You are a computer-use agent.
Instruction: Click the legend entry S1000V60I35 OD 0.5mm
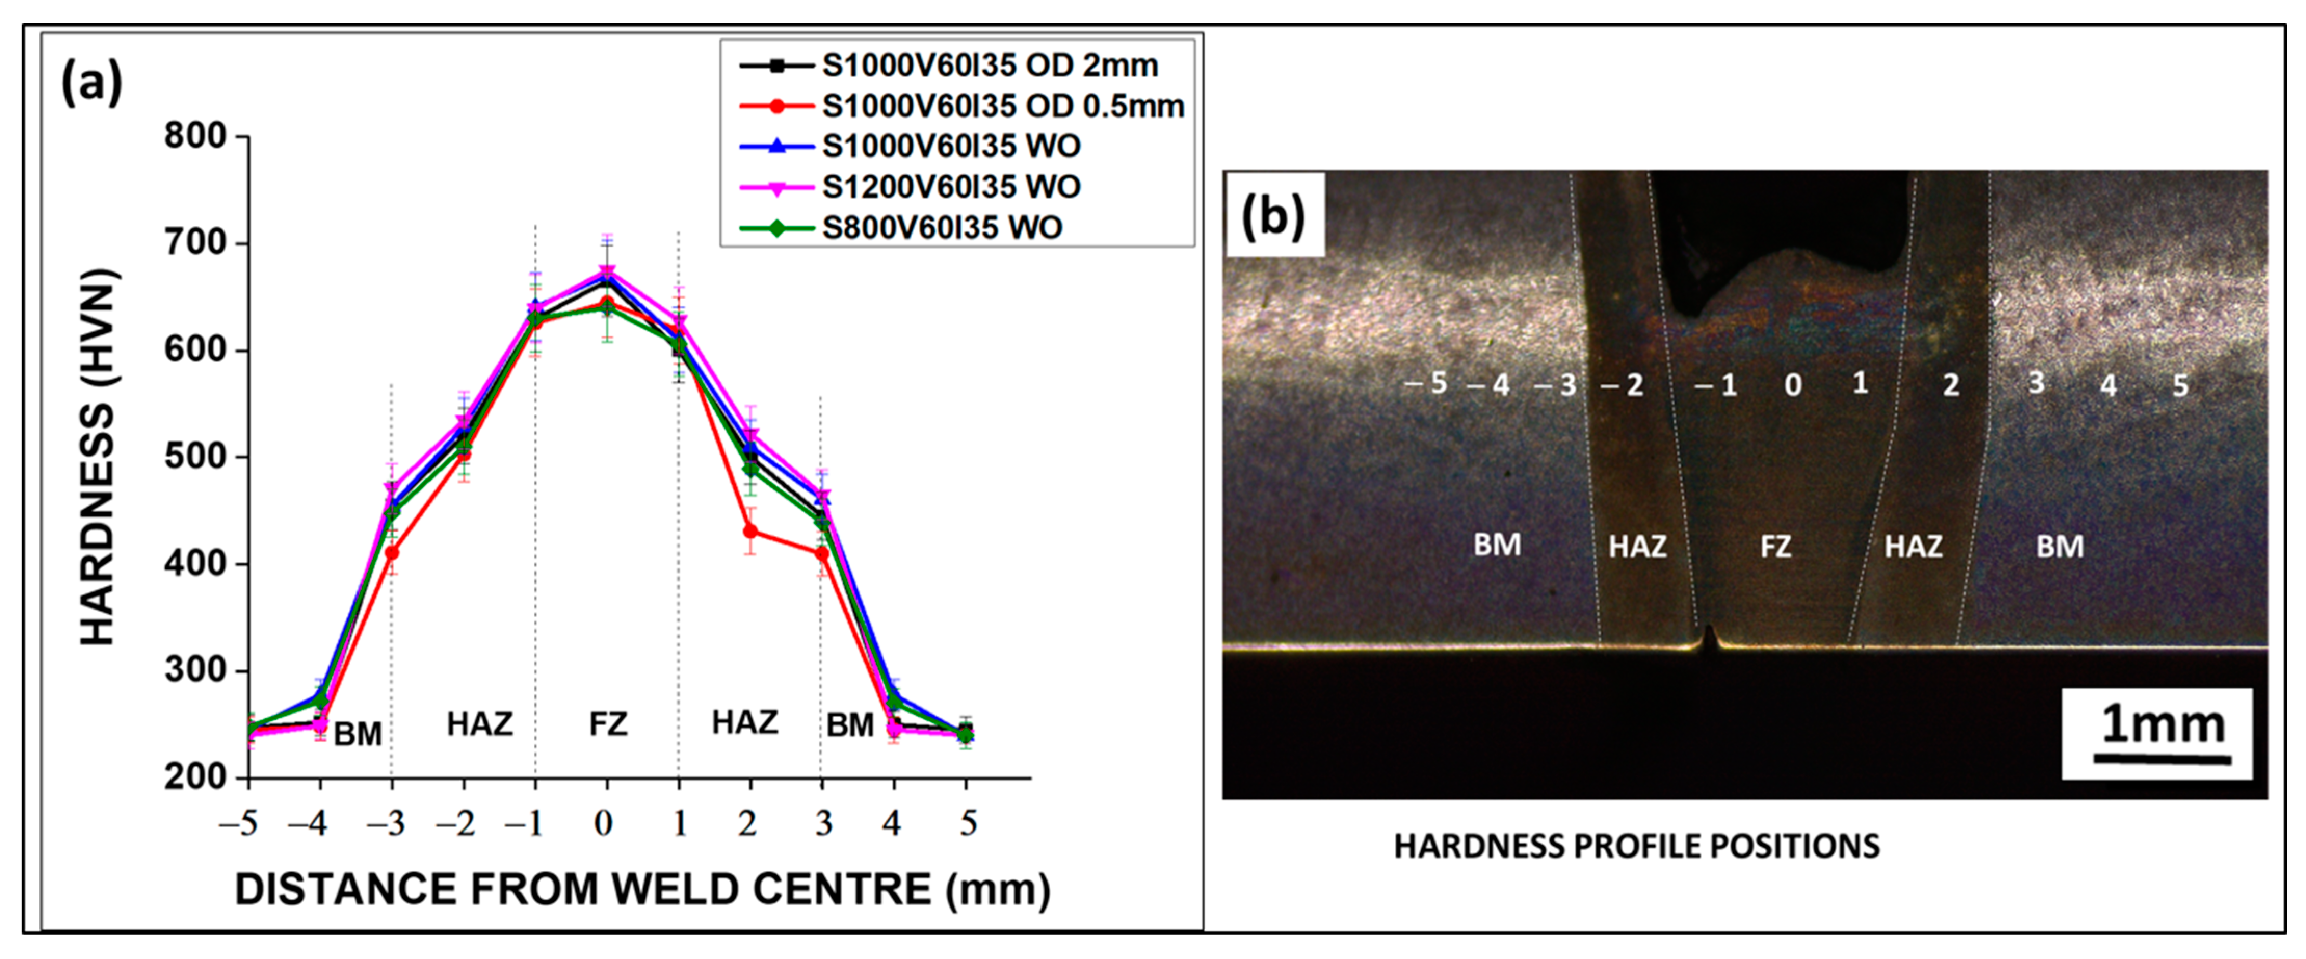coord(1003,106)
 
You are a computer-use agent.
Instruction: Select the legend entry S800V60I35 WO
coord(942,227)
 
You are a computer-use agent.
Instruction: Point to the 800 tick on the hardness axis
coord(195,136)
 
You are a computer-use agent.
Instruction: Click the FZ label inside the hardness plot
coord(608,723)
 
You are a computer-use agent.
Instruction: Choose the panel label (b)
coord(1273,215)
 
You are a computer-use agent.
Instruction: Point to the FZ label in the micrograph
coord(1775,546)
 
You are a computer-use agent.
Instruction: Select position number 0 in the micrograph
coord(1792,385)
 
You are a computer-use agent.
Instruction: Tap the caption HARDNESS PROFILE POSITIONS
coord(1637,846)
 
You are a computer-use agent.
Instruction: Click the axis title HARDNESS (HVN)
coord(98,457)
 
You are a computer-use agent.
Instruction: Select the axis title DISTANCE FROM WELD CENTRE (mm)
coord(642,889)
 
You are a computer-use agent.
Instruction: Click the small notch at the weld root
coord(1709,638)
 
